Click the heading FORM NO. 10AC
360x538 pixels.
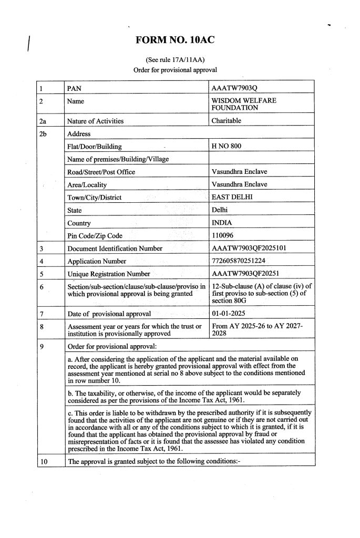175,39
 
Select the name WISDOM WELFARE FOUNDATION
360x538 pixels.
243,104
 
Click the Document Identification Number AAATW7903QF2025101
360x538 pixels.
248,248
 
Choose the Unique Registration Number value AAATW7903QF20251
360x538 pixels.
245,274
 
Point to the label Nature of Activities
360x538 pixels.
96,121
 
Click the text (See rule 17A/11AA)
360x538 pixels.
175,59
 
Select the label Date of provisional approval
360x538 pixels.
109,314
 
